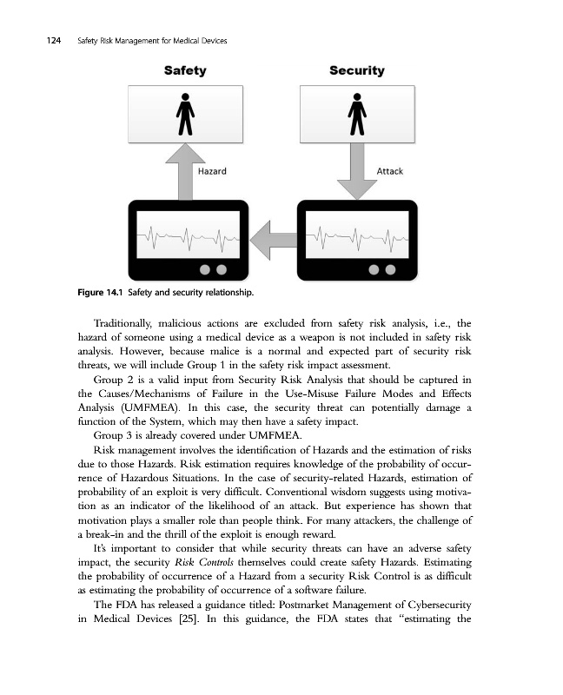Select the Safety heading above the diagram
(x=184, y=70)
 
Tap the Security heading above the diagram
(x=356, y=70)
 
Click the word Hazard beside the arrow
(x=213, y=172)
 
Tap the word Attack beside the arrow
(x=389, y=172)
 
